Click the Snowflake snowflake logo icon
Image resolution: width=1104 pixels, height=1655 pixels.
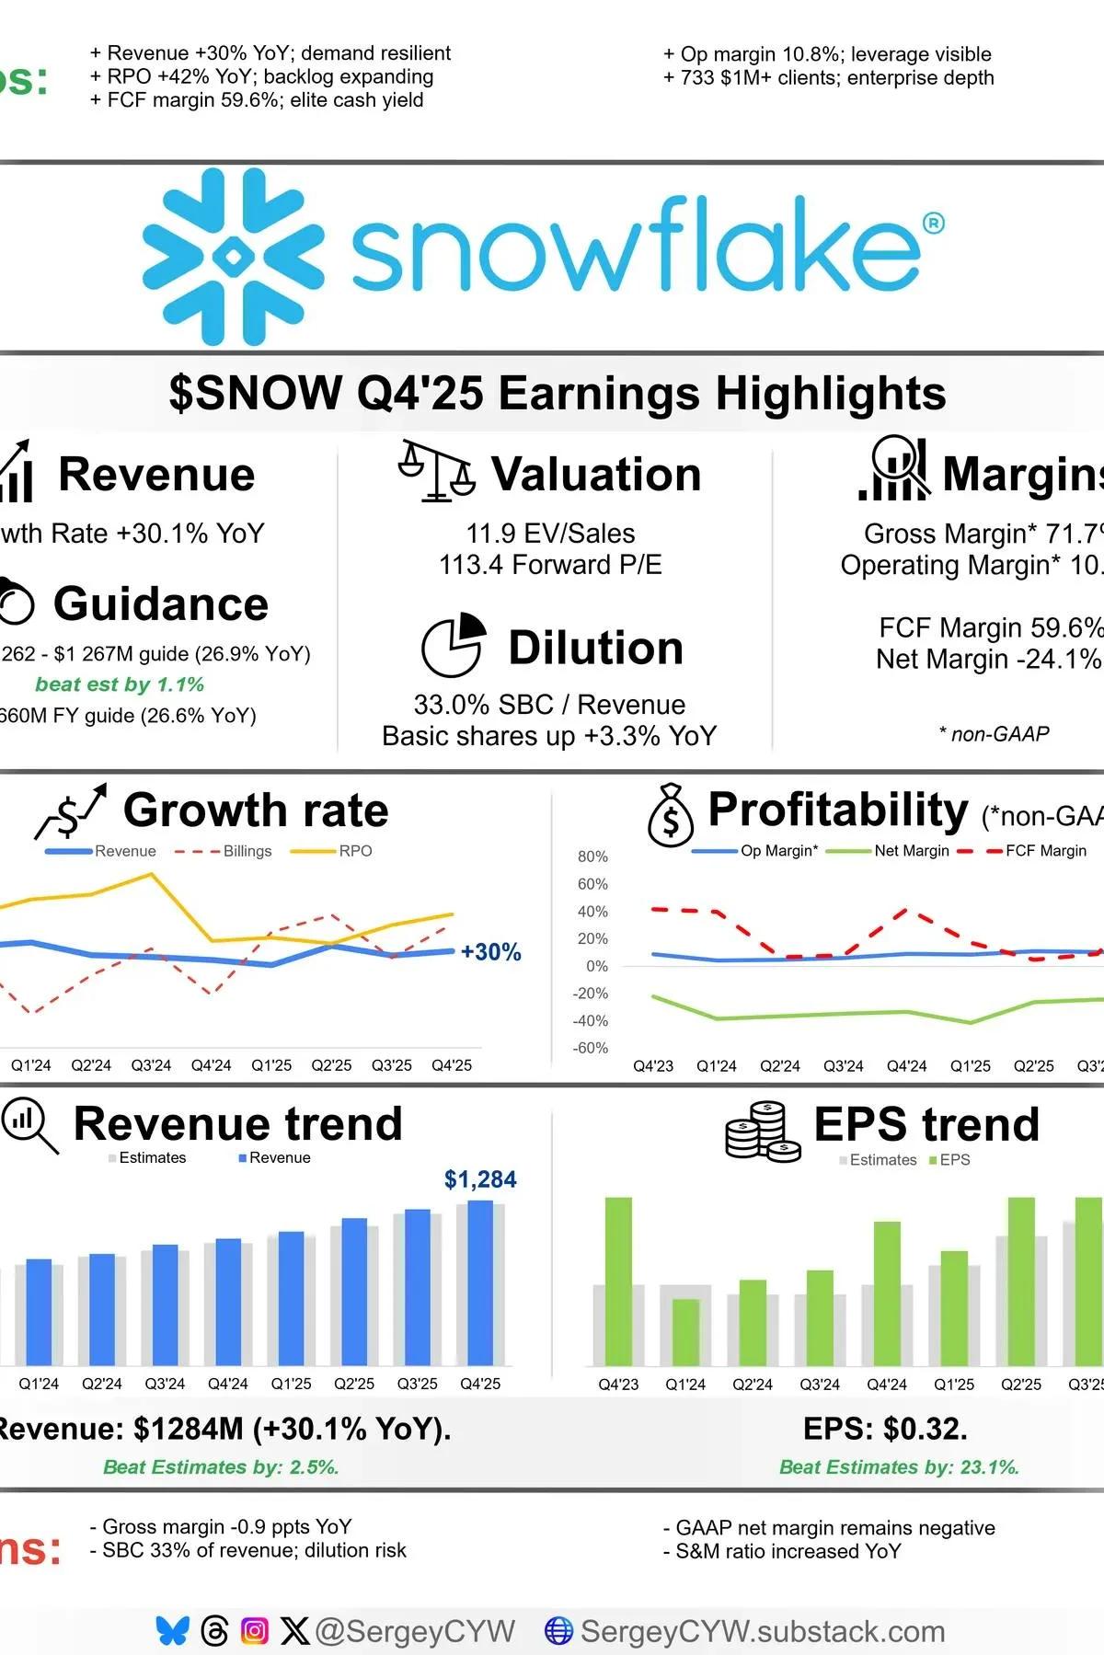click(x=233, y=257)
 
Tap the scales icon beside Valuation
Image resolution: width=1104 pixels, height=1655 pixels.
click(x=436, y=471)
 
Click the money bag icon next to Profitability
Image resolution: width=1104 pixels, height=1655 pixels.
click(x=671, y=815)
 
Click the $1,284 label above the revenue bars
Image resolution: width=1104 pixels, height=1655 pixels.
click(x=480, y=1179)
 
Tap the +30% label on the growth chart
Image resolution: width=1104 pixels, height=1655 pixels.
click(x=491, y=952)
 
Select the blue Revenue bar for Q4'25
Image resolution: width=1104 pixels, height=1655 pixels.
click(x=480, y=1282)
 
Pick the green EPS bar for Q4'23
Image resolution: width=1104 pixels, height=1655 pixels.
click(x=618, y=1281)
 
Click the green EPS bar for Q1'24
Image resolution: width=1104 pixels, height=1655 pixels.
click(x=685, y=1331)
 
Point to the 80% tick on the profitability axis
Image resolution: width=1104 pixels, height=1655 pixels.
click(x=592, y=856)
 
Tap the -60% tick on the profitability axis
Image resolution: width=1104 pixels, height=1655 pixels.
click(x=591, y=1048)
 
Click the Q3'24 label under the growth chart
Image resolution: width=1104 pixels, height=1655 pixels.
click(x=151, y=1065)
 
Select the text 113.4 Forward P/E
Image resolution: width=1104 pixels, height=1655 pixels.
click(x=550, y=565)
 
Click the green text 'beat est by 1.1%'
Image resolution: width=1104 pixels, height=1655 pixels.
click(x=120, y=684)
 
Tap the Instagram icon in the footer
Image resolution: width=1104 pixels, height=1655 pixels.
click(x=255, y=1631)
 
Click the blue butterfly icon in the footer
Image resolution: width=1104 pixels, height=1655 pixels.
click(x=172, y=1631)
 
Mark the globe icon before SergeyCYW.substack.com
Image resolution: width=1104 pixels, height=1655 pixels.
click(x=558, y=1631)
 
